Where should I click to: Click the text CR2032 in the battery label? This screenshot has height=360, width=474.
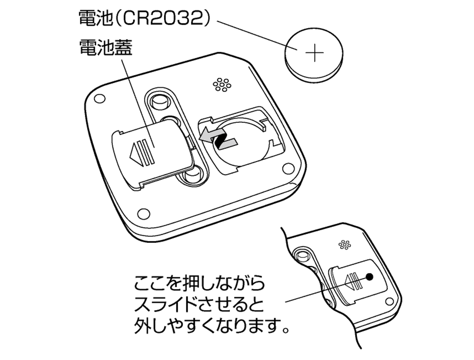159,18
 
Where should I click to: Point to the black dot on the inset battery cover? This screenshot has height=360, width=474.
370,276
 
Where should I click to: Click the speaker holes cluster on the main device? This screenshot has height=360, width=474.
222,84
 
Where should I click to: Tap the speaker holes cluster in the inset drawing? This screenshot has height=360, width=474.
345,245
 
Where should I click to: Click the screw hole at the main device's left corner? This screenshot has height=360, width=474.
99,99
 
